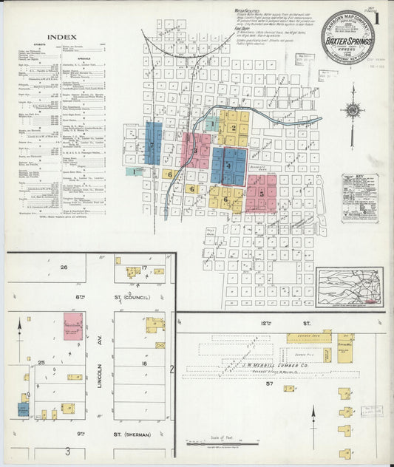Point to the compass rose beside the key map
click(x=352, y=112)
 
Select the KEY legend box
click(x=360, y=198)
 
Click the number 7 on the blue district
click(x=153, y=146)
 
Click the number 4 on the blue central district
click(x=229, y=166)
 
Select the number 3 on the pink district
click(x=195, y=151)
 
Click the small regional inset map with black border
click(x=349, y=287)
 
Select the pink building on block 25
click(x=72, y=326)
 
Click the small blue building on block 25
click(x=23, y=408)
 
